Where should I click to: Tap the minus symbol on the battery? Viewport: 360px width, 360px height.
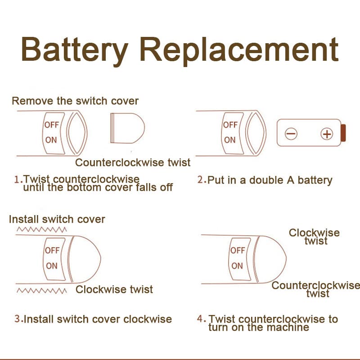pos(291,134)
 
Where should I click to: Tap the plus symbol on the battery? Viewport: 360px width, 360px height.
pos(326,134)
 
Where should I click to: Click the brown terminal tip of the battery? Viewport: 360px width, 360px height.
pos(343,133)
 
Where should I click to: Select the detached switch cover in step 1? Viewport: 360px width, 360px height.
pos(127,128)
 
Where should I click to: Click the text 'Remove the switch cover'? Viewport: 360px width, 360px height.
pos(75,101)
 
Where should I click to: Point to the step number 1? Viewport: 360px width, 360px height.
pos(18,180)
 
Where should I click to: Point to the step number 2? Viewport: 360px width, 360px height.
pos(201,180)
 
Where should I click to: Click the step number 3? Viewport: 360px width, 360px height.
pos(18,319)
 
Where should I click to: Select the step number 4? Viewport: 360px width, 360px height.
pos(201,319)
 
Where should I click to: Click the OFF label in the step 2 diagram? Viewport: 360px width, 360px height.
pos(230,125)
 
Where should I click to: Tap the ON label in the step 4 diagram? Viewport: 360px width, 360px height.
pos(237,265)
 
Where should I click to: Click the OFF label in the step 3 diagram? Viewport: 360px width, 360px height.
pos(52,250)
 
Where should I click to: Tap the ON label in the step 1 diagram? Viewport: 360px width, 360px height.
pos(51,140)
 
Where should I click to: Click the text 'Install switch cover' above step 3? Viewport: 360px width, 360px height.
pos(57,219)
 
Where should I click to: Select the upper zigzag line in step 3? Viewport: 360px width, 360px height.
pos(41,229)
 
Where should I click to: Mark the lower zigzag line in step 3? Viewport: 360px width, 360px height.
pos(41,291)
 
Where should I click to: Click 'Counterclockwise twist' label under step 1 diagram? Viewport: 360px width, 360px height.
pos(133,162)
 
